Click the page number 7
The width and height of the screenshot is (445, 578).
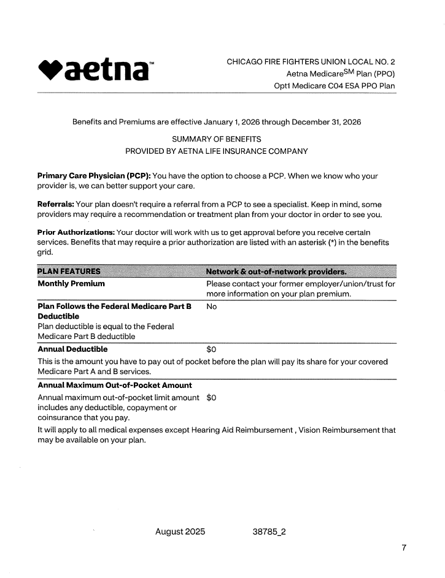coord(404,547)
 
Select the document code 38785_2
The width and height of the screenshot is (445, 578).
coord(269,531)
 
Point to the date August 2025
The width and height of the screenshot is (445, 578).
coord(180,531)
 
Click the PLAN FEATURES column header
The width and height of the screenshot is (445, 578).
coord(69,272)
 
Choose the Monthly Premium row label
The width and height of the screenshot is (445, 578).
coord(71,284)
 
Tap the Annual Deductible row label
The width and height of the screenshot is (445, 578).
coord(73,349)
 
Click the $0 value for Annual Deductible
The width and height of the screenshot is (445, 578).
coord(212,349)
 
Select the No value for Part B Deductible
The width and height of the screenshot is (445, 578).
coord(212,306)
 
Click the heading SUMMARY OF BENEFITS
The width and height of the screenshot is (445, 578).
coord(217,139)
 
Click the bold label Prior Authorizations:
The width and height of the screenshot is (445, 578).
coord(76,232)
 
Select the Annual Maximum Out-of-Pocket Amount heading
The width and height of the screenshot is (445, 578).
coord(115,385)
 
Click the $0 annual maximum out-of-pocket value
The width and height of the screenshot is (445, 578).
coord(212,397)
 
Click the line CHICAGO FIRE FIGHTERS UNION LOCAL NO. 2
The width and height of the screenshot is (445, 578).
coord(311,62)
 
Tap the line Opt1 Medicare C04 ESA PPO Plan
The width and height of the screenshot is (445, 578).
coord(335,86)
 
